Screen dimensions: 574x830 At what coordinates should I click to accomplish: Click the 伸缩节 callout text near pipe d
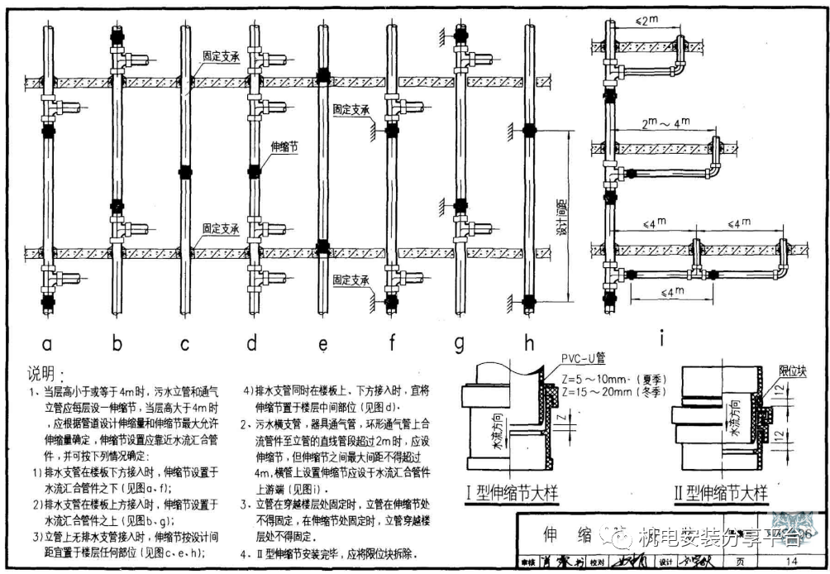(284, 147)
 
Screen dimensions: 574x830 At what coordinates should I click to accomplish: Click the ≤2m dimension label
(637, 18)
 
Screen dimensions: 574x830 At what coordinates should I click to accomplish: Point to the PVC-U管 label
(584, 358)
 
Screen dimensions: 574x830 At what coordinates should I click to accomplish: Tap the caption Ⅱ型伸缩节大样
(721, 495)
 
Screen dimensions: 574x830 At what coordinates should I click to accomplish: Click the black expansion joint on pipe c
(184, 172)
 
